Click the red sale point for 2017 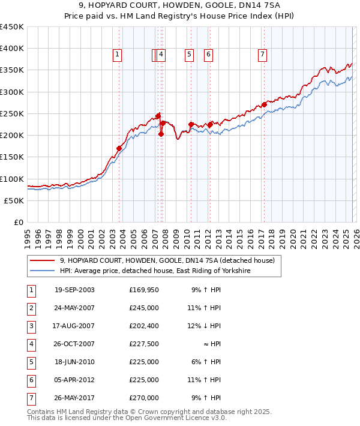(264, 104)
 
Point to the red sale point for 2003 (119, 148)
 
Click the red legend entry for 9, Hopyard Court (167, 260)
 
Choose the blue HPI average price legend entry (154, 271)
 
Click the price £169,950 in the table (143, 290)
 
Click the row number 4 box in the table (31, 344)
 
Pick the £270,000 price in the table (143, 398)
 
